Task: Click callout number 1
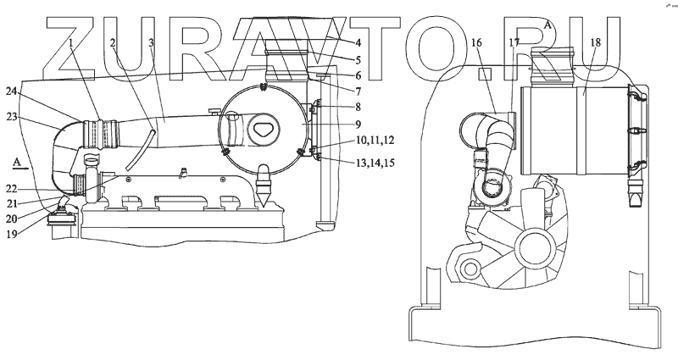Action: click(x=73, y=42)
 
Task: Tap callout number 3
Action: click(x=150, y=42)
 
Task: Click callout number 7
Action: click(x=335, y=91)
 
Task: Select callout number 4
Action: click(x=335, y=43)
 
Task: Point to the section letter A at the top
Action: click(x=548, y=26)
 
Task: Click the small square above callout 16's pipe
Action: click(x=486, y=75)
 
